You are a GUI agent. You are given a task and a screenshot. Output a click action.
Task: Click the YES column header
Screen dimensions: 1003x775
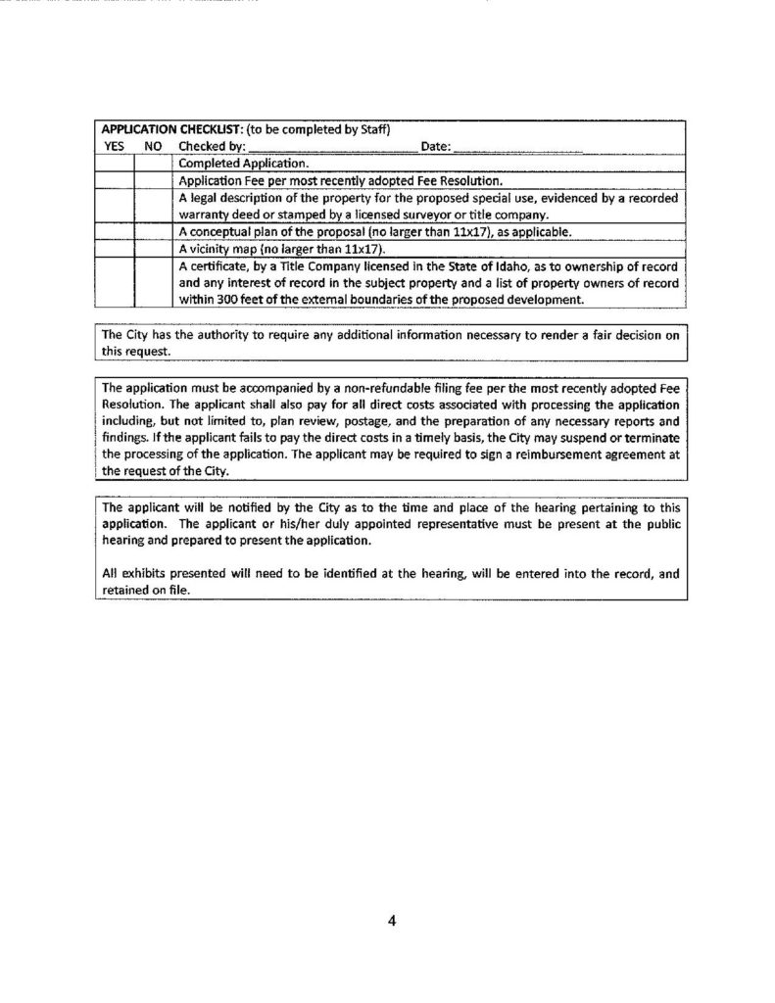pos(118,146)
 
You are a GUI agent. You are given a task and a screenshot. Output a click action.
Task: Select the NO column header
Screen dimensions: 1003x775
pos(152,146)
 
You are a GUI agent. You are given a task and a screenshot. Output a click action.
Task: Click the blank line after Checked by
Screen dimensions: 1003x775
pos(333,147)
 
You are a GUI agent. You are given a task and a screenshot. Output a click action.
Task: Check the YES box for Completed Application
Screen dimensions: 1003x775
pos(115,165)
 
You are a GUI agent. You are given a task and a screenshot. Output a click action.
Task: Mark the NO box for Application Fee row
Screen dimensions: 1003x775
pos(153,181)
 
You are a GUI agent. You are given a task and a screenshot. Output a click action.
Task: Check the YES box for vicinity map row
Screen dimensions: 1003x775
pos(115,249)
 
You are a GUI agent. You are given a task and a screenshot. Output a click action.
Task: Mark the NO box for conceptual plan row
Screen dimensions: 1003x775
pos(153,232)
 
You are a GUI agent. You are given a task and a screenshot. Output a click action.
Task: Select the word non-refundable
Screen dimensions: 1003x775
pos(412,389)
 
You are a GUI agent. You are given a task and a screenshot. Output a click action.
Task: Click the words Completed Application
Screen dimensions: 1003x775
pos(244,165)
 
